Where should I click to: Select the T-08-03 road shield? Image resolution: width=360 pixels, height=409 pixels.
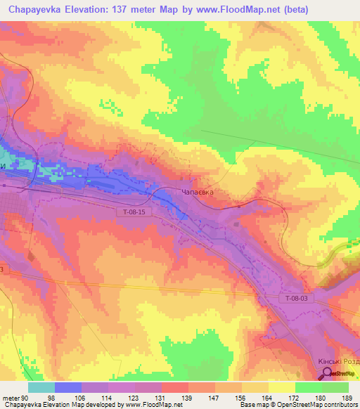(297, 299)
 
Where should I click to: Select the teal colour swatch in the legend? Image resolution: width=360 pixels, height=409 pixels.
(41, 387)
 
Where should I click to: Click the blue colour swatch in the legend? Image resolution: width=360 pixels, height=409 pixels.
(68, 387)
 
